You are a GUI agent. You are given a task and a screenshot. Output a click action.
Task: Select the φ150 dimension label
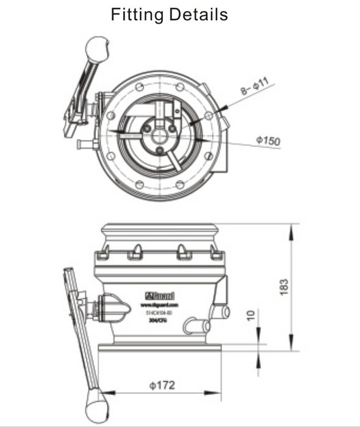[268, 141]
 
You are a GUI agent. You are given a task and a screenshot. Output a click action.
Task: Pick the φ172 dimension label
[162, 385]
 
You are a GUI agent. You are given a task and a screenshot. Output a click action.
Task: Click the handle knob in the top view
[96, 47]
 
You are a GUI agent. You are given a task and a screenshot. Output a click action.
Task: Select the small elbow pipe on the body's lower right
[195, 325]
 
